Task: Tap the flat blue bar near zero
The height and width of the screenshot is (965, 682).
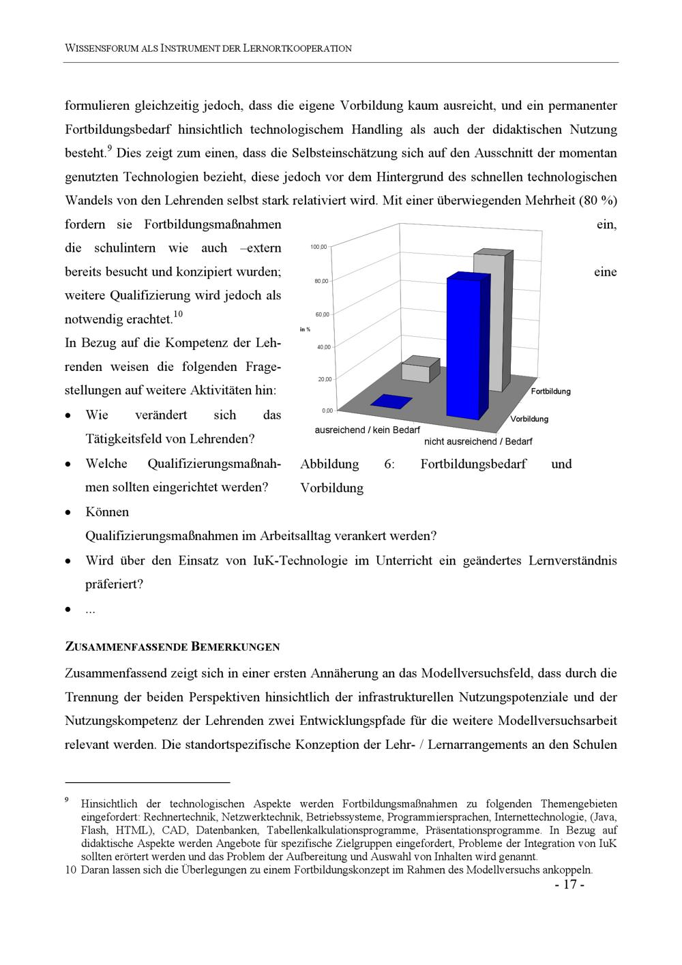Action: click(x=391, y=402)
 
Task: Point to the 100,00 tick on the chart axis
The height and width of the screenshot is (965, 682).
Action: click(x=318, y=247)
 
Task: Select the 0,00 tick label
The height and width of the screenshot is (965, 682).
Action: click(x=327, y=411)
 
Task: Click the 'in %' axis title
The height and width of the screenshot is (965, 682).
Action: click(x=305, y=329)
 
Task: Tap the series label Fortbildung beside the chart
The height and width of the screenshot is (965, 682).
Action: click(x=550, y=391)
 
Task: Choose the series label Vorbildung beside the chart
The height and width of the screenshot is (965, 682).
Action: click(x=529, y=419)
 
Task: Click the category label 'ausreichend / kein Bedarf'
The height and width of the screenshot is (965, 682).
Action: click(x=367, y=430)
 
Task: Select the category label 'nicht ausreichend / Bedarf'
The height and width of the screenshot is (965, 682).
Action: click(x=478, y=441)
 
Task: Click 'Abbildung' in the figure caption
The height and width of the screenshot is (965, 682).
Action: click(x=329, y=464)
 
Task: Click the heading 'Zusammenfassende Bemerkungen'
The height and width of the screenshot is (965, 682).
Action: click(x=172, y=647)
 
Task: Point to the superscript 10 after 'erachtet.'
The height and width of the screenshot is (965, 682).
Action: click(x=178, y=314)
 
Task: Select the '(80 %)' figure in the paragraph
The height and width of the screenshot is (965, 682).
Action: click(x=597, y=201)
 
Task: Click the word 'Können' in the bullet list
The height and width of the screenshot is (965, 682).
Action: click(x=107, y=512)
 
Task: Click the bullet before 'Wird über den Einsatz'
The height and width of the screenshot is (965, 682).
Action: click(x=68, y=561)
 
